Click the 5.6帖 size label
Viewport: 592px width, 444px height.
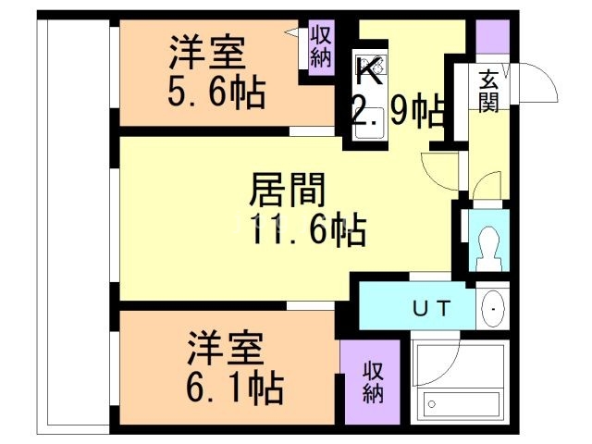tap(216, 92)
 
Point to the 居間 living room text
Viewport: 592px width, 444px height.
tap(288, 191)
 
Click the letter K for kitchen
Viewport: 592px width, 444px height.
tap(368, 70)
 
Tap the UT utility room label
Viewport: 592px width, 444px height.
tap(432, 310)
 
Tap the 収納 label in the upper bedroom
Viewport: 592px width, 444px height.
tap(321, 47)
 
